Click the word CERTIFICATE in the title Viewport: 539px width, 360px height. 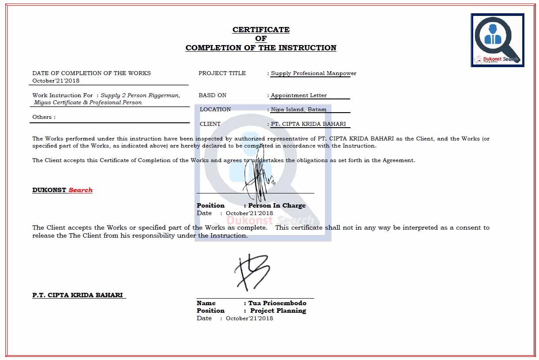coord(261,30)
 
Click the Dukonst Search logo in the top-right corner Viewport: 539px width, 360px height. coord(498,40)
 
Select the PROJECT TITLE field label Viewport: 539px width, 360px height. coord(222,73)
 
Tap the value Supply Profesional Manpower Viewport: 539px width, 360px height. coord(313,73)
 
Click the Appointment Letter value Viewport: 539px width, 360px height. coord(298,95)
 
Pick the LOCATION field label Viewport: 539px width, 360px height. coord(215,110)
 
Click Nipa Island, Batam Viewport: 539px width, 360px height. coord(298,110)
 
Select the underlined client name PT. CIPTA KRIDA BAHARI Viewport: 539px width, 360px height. coord(308,124)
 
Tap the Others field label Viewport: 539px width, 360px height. coord(44,117)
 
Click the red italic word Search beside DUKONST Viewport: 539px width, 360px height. coord(80,190)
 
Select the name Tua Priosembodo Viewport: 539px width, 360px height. coord(277,303)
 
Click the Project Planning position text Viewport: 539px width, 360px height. coord(278,311)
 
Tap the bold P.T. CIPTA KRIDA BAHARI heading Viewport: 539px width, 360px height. coord(77,295)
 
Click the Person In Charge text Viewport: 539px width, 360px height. coord(277,205)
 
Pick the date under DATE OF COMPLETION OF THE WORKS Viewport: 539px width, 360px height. coord(56,81)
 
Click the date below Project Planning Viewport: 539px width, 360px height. coord(249,318)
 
